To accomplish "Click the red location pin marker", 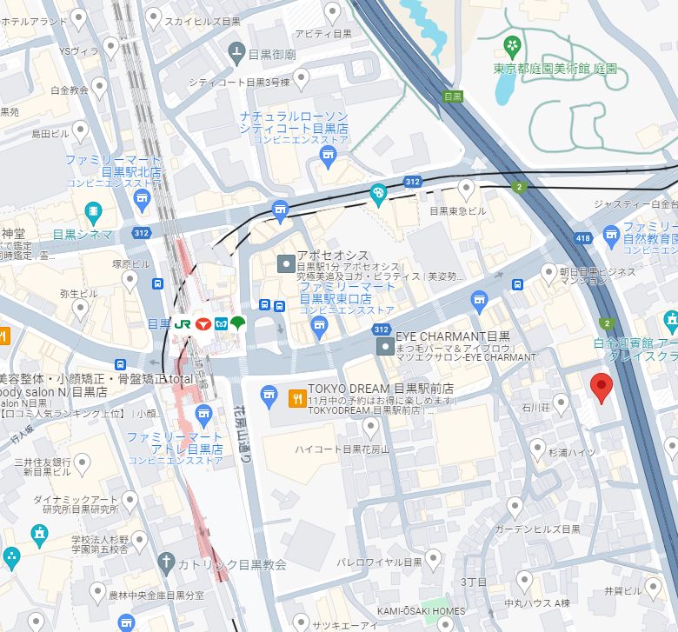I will pyautogui.click(x=601, y=387).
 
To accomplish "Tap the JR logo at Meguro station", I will pyautogui.click(x=183, y=323).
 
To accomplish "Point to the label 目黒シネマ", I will pyautogui.click(x=83, y=234).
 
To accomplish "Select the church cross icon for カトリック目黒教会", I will pyautogui.click(x=166, y=563).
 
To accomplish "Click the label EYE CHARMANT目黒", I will pyautogui.click(x=452, y=336).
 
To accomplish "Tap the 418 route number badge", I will pyautogui.click(x=583, y=237).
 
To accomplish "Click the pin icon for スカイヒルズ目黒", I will pyautogui.click(x=153, y=18).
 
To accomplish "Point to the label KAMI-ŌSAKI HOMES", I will pyautogui.click(x=422, y=611).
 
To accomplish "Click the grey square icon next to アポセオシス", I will pyautogui.click(x=284, y=263).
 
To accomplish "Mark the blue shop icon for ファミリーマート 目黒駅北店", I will pyautogui.click(x=143, y=203).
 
